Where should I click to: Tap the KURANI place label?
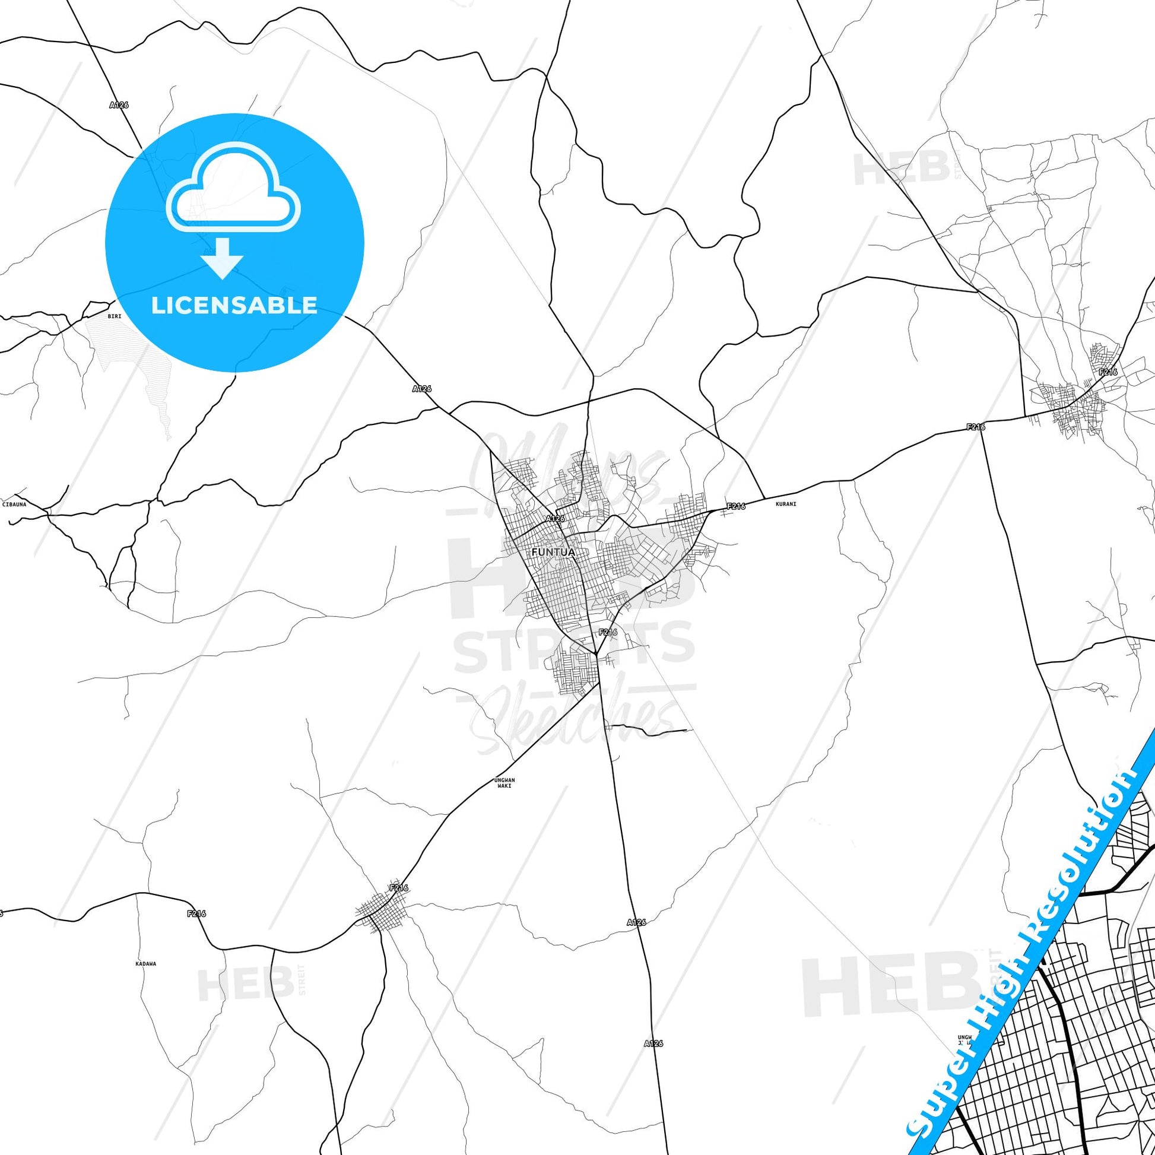point(786,504)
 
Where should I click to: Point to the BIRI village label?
point(114,316)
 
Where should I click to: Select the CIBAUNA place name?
point(14,504)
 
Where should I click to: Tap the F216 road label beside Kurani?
point(736,507)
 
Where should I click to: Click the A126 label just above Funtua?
point(556,518)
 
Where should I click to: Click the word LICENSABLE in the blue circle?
point(234,306)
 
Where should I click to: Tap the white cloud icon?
point(234,188)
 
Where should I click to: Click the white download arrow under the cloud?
point(223,258)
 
